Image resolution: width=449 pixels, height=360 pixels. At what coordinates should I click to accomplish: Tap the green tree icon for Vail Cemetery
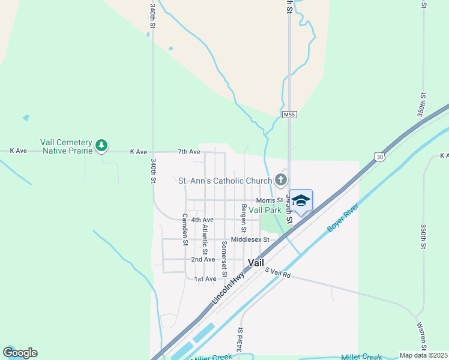102,145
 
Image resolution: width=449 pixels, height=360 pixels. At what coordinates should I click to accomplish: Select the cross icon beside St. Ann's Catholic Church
280,179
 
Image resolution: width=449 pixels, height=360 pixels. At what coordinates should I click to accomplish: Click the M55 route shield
289,114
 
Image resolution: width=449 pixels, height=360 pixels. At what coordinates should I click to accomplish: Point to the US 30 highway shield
378,157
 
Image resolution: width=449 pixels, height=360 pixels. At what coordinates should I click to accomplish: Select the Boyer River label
343,218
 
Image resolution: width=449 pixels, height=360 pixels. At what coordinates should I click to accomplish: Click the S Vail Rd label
278,272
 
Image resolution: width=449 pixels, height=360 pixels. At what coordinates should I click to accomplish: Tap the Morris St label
269,200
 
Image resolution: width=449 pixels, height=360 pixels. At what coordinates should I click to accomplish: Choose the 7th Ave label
188,152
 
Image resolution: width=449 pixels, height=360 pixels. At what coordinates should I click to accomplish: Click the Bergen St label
244,218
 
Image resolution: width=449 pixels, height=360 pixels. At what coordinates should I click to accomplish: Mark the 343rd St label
240,339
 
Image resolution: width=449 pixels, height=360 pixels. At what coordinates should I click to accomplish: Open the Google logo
20,353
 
